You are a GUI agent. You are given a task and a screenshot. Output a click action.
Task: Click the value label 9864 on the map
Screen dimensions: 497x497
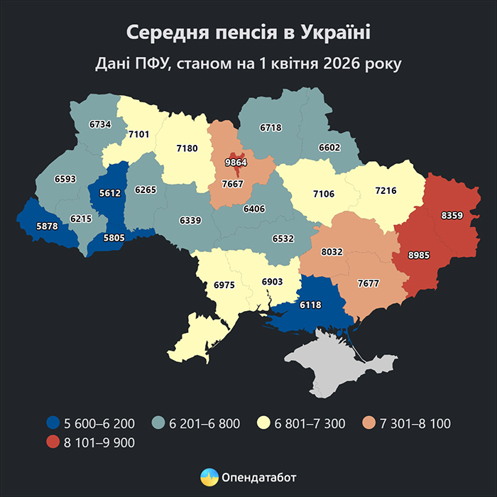pyautogui.click(x=234, y=163)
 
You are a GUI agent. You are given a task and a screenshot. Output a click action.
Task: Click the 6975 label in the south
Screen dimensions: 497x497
pyautogui.click(x=225, y=285)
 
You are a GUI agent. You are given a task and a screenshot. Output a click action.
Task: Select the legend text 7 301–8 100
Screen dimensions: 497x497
pyautogui.click(x=415, y=424)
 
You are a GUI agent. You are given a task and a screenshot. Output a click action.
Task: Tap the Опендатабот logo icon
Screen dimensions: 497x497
pyautogui.click(x=208, y=476)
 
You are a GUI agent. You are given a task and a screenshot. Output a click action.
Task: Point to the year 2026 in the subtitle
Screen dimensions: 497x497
pyautogui.click(x=342, y=64)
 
